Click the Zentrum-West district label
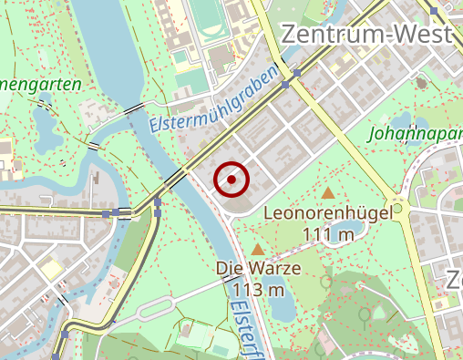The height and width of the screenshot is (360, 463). pyautogui.click(x=367, y=34)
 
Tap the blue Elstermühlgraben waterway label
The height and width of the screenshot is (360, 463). pyautogui.click(x=212, y=99)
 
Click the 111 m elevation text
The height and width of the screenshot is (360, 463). pyautogui.click(x=327, y=234)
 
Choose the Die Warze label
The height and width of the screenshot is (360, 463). pyautogui.click(x=259, y=269)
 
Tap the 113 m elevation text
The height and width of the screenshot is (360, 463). pyautogui.click(x=259, y=289)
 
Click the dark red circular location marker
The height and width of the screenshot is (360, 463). pyautogui.click(x=231, y=180)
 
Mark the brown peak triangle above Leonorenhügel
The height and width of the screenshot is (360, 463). pyautogui.click(x=328, y=192)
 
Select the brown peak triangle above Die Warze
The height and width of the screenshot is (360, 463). pyautogui.click(x=259, y=249)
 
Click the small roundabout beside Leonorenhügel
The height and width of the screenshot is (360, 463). pyautogui.click(x=397, y=208)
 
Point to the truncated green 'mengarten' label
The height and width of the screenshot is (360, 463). pyautogui.click(x=41, y=84)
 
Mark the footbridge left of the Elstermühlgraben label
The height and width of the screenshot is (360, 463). pyautogui.click(x=94, y=147)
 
